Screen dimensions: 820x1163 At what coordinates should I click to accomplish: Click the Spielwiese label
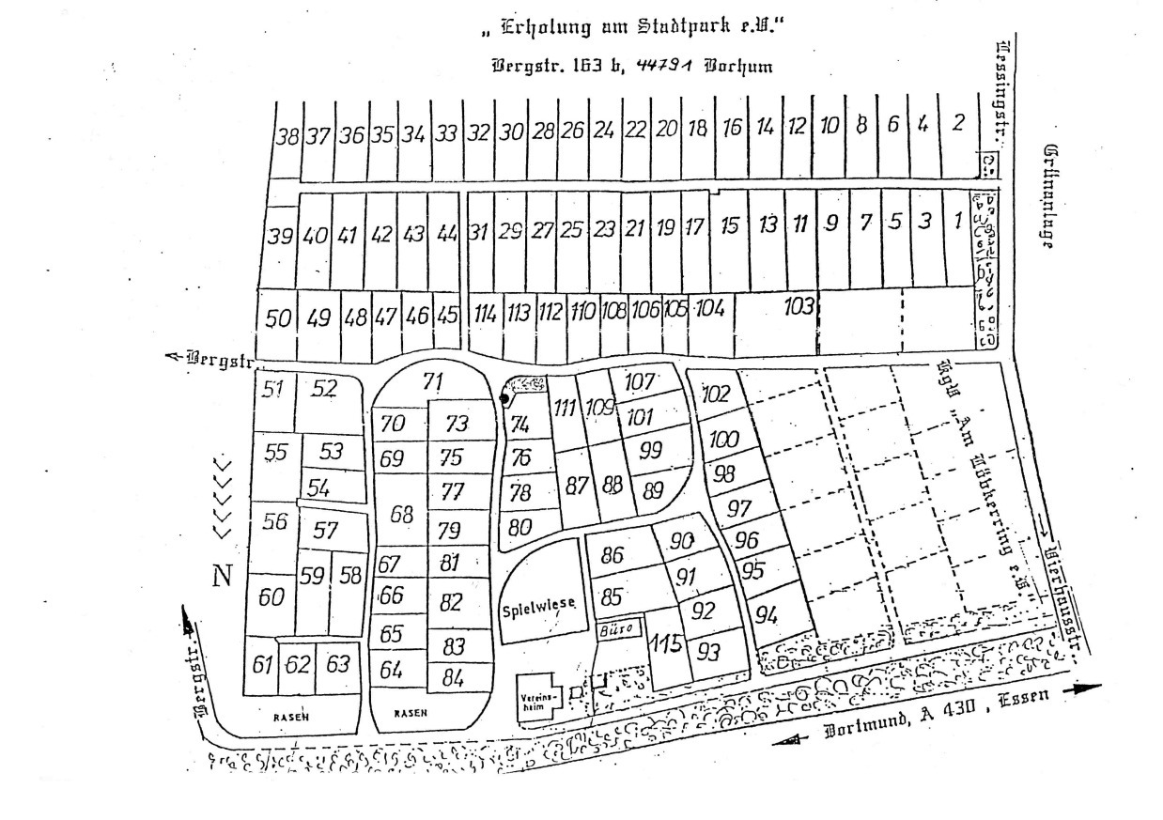click(537, 606)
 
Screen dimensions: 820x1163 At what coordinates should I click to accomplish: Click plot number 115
click(666, 645)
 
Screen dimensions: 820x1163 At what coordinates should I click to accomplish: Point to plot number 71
click(432, 381)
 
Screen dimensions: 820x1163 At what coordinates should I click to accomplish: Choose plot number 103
click(799, 306)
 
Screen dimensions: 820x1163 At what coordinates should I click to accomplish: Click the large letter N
click(222, 575)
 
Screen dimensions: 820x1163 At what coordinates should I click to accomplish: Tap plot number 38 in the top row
click(287, 135)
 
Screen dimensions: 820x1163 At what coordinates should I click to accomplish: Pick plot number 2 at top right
click(958, 123)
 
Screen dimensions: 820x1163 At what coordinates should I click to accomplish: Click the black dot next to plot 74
click(504, 398)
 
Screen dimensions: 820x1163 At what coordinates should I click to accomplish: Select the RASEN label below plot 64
click(410, 713)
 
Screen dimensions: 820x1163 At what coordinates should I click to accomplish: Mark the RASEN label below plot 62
click(290, 716)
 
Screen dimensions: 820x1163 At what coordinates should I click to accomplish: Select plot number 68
click(402, 514)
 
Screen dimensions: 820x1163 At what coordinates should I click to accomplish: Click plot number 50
click(277, 318)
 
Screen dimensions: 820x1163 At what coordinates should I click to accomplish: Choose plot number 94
click(767, 615)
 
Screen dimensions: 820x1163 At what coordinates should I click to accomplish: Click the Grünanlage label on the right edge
click(1049, 197)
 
